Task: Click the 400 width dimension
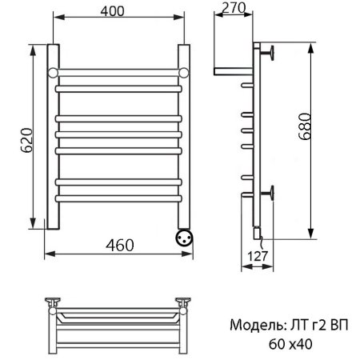[x=118, y=12]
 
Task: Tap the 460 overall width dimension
[x=118, y=245]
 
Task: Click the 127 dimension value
[x=254, y=257]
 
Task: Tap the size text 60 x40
[x=290, y=345]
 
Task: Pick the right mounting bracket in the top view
[x=185, y=302]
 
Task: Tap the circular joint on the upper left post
[x=53, y=73]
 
